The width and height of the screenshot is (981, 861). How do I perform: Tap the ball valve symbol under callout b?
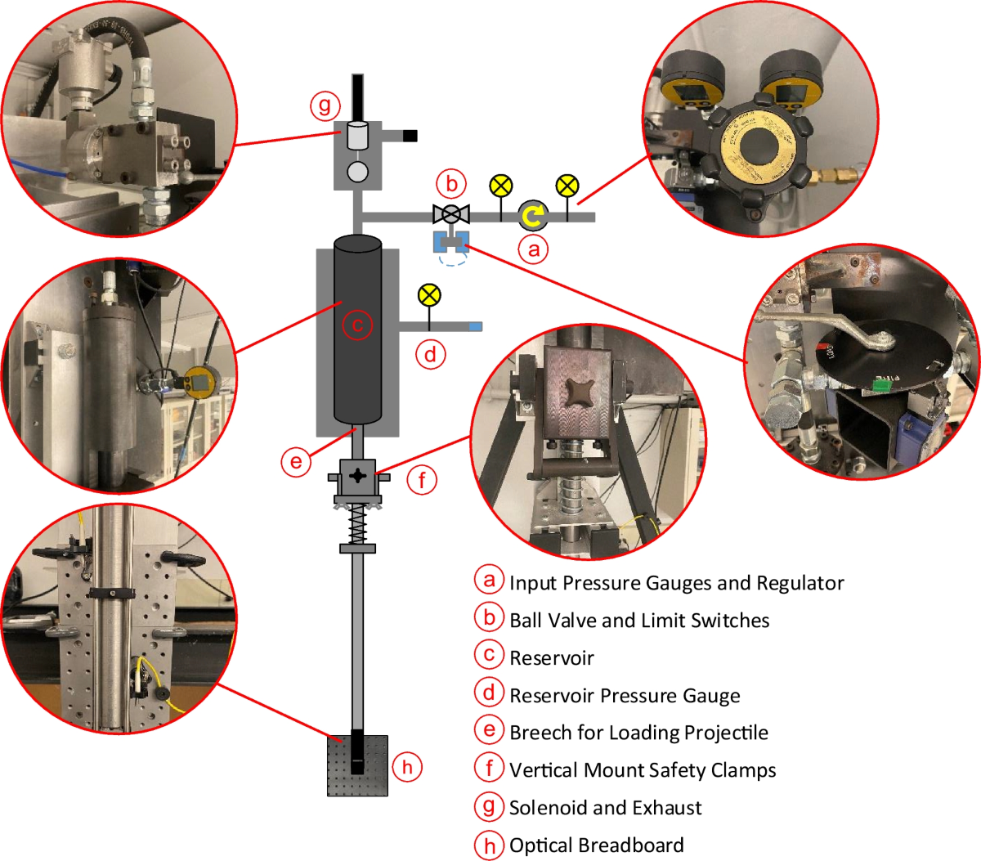450,215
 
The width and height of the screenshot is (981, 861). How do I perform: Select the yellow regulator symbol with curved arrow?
533,215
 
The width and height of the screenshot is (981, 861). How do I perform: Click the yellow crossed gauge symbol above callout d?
428,295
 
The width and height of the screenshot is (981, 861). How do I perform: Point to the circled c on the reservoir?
357,325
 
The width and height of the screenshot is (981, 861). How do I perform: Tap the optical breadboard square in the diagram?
357,765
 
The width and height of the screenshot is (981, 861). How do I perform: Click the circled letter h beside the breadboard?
407,766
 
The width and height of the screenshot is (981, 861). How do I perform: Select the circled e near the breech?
296,462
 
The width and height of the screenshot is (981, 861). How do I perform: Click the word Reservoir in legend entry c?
552,658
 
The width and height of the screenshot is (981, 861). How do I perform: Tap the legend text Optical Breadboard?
596,845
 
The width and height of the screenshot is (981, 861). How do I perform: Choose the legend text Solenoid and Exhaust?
605,808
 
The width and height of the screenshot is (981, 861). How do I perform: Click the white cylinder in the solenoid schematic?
357,135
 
